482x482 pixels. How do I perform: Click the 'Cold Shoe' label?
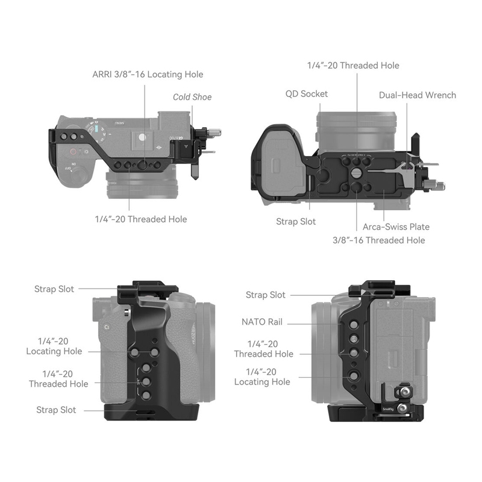[192, 97]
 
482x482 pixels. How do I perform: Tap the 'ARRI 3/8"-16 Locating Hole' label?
[148, 74]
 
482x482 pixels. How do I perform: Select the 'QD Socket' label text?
[307, 94]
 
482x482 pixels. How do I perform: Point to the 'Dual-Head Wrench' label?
[418, 95]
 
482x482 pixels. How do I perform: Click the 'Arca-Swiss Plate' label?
[396, 227]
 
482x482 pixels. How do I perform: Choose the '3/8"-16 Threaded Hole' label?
[379, 240]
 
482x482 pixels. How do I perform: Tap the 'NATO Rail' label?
[262, 322]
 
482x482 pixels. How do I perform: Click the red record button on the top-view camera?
[73, 152]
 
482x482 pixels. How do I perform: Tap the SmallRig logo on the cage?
[388, 409]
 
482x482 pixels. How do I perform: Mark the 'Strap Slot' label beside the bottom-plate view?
[296, 222]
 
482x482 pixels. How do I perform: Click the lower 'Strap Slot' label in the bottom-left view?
[56, 410]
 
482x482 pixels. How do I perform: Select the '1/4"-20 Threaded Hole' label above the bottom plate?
[353, 66]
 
